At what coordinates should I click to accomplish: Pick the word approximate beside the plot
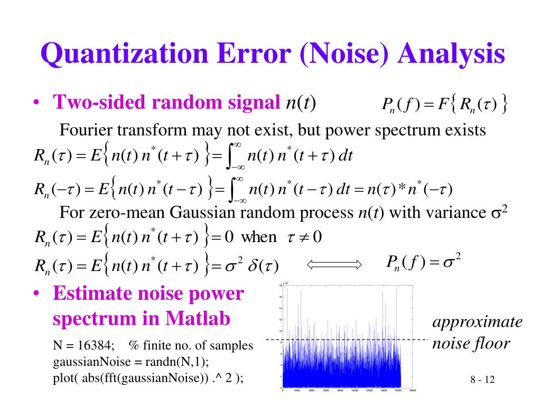click(x=478, y=322)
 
